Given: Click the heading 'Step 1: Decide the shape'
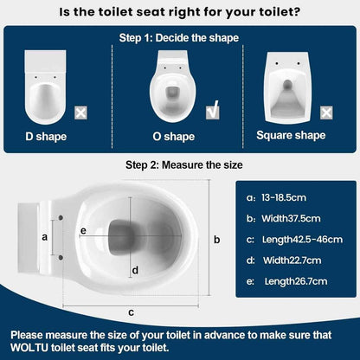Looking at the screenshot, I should pyautogui.click(x=179, y=39).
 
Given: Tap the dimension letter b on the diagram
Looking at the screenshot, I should pyautogui.click(x=217, y=239).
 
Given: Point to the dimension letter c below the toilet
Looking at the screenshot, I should pyautogui.click(x=130, y=311).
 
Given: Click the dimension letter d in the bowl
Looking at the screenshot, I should pyautogui.click(x=135, y=270).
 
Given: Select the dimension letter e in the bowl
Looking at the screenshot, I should pyautogui.click(x=83, y=231).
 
